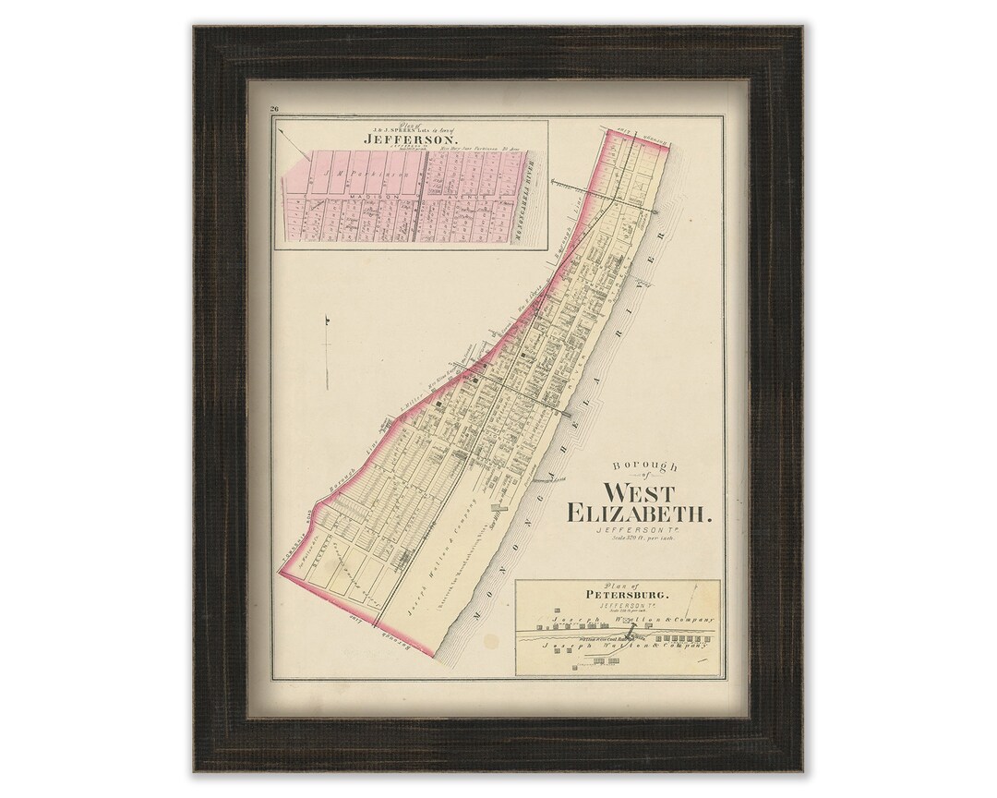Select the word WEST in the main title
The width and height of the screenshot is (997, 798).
tap(639, 493)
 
